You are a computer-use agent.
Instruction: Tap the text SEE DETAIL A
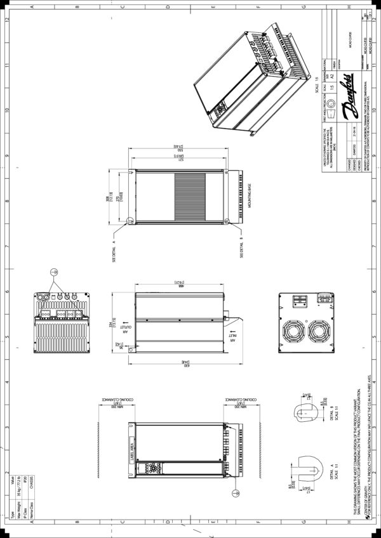[115, 251]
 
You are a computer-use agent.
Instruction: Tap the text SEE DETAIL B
[241, 247]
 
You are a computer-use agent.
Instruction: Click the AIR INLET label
[232, 335]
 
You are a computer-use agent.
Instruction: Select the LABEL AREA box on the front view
[133, 446]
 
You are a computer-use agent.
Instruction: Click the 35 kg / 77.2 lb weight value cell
[19, 499]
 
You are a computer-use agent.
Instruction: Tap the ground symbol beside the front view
[236, 493]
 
